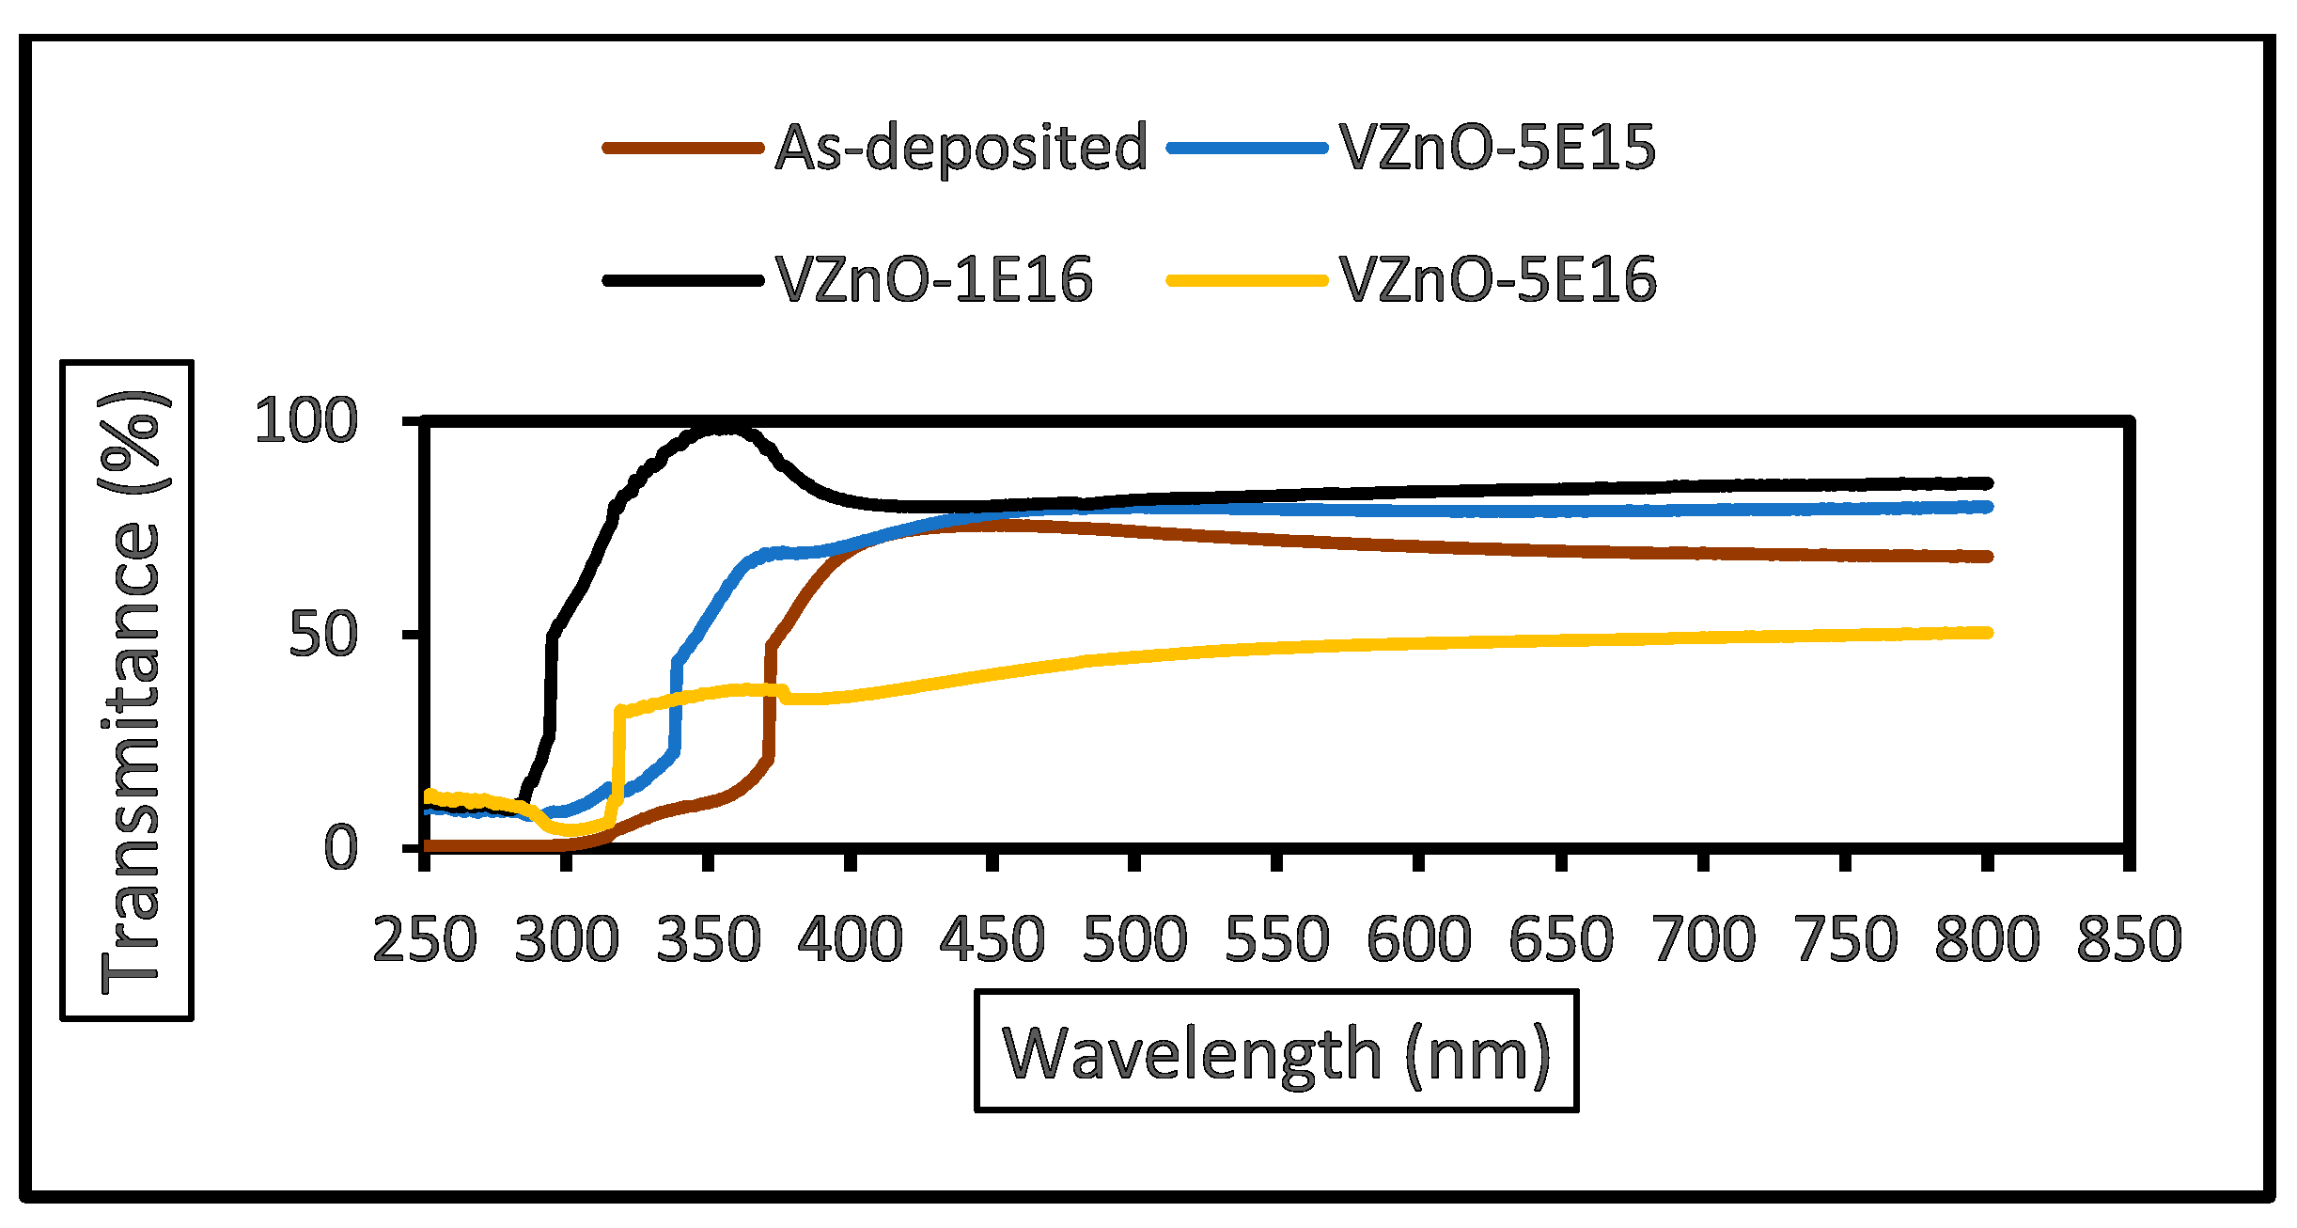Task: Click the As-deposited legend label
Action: [x=961, y=148]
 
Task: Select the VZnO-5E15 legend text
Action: [x=1497, y=148]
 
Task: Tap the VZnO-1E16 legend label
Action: [x=934, y=280]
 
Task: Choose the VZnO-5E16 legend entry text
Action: [x=1497, y=280]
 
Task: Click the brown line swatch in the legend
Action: [x=683, y=148]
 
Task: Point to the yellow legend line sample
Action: [x=1247, y=280]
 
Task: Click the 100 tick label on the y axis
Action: [x=306, y=420]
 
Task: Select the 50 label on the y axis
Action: [x=323, y=635]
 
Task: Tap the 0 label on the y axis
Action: [x=340, y=848]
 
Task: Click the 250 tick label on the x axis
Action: [x=425, y=939]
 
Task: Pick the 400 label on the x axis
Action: [x=851, y=939]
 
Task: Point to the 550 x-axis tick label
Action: [x=1276, y=939]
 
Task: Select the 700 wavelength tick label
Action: [x=1703, y=939]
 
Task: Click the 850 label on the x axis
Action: [x=2129, y=939]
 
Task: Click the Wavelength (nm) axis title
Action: [x=1276, y=1053]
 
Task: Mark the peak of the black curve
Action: [x=719, y=429]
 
